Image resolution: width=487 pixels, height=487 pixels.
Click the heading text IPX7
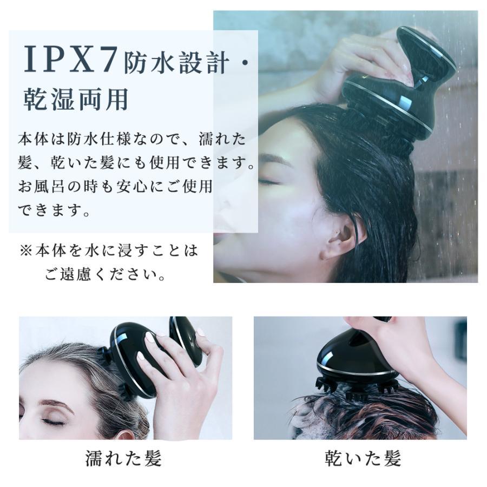click(71, 58)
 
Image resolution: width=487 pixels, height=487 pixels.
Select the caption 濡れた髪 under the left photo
click(123, 458)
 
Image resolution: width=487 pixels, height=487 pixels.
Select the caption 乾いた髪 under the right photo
click(363, 458)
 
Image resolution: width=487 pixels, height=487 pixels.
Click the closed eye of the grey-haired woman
click(51, 421)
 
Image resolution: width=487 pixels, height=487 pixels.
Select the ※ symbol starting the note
click(26, 251)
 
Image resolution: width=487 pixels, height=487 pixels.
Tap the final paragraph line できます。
click(54, 210)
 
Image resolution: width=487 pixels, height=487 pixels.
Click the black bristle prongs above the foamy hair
click(357, 388)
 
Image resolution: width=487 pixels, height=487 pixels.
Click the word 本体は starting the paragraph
click(41, 139)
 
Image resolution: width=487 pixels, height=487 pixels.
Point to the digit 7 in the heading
click(107, 58)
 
